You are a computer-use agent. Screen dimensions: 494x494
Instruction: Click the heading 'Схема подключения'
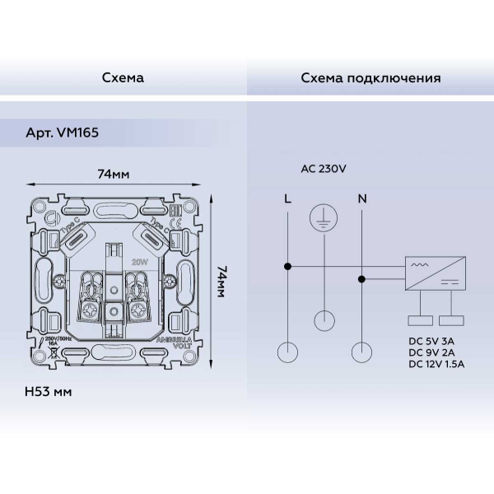370,78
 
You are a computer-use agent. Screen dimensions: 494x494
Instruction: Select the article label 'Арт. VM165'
62,131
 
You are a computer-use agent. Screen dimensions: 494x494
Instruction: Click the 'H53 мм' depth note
49,391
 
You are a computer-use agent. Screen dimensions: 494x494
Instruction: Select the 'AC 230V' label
324,168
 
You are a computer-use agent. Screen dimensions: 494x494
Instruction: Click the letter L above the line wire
287,198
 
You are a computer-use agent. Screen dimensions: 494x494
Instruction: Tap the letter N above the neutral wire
362,198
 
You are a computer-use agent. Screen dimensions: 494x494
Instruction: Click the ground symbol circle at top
324,218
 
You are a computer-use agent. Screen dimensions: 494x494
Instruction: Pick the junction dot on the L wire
287,266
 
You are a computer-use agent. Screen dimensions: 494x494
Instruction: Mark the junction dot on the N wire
362,279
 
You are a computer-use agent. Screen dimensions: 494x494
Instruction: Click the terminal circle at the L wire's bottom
287,352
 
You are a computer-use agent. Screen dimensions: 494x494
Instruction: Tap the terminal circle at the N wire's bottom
362,352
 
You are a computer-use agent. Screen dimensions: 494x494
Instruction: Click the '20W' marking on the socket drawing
139,261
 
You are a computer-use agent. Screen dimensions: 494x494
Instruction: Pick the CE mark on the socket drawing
175,223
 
